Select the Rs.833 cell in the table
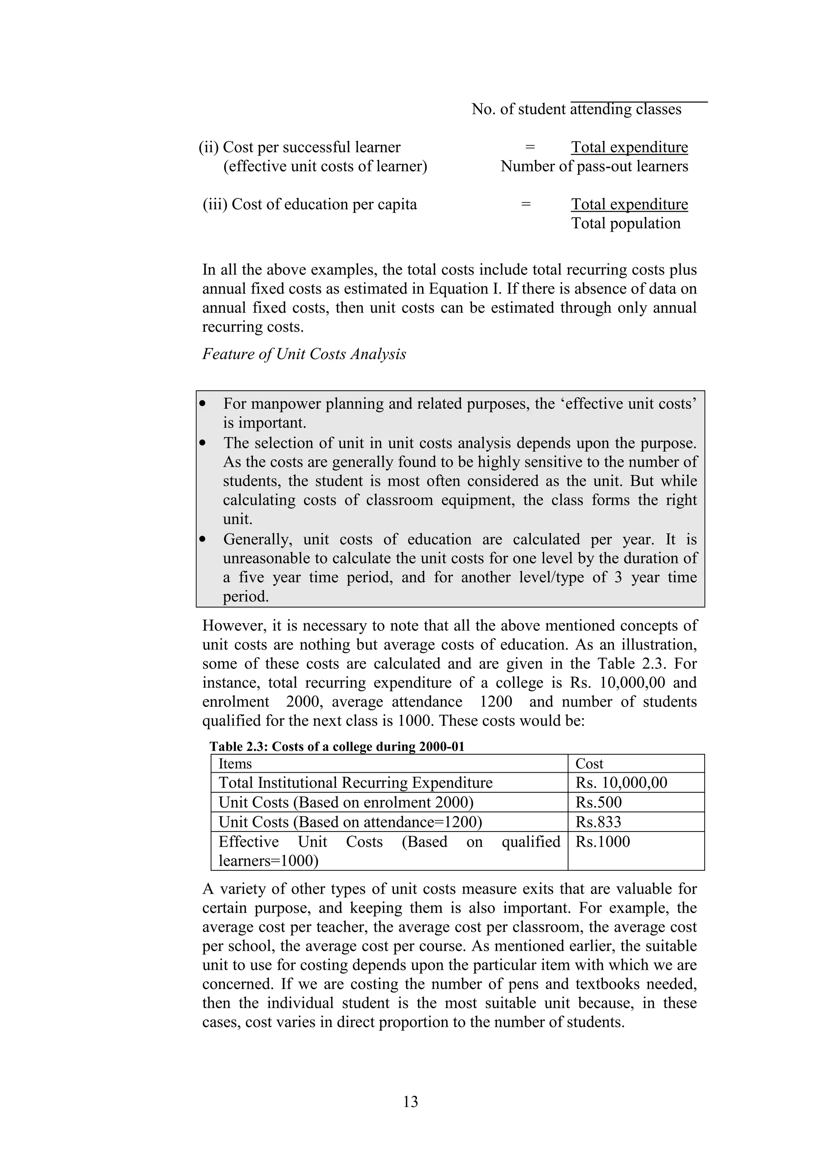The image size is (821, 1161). pos(598,822)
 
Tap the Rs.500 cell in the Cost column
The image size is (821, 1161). pos(599,802)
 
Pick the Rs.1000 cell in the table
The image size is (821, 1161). pos(603,842)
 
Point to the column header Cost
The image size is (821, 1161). pos(589,763)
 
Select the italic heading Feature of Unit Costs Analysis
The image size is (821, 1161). pos(304,354)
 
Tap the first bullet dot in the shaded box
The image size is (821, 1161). pos(203,404)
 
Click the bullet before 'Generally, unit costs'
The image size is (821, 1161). pos(203,539)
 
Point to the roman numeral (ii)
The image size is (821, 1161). pos(208,147)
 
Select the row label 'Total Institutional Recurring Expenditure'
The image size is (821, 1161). pos(355,783)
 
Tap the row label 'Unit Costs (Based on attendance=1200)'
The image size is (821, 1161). pos(350,822)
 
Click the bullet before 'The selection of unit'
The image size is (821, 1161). pos(203,443)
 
